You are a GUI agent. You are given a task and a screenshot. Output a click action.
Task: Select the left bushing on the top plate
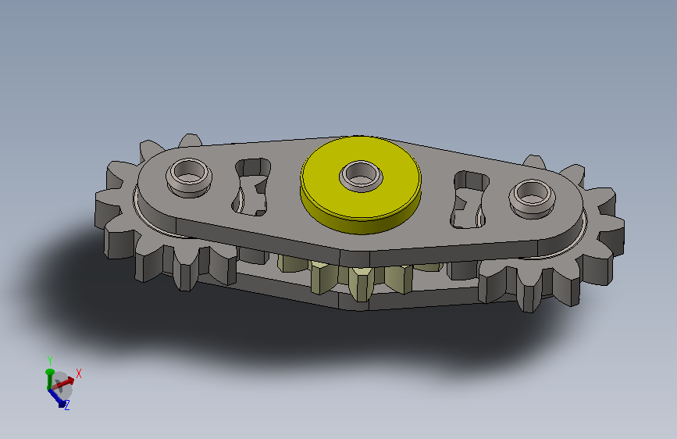(189, 177)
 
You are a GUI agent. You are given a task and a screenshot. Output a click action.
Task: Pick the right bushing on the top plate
(532, 198)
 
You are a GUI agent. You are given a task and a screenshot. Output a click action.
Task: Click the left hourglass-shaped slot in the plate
(251, 187)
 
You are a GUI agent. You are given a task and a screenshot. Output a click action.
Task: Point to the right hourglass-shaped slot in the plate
(470, 200)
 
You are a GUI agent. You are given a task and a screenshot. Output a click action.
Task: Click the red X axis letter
(79, 373)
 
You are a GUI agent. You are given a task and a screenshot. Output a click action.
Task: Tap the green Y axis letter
(50, 360)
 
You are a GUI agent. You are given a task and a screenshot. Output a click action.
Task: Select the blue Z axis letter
(67, 405)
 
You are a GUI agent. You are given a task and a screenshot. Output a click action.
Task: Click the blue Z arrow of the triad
(56, 397)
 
